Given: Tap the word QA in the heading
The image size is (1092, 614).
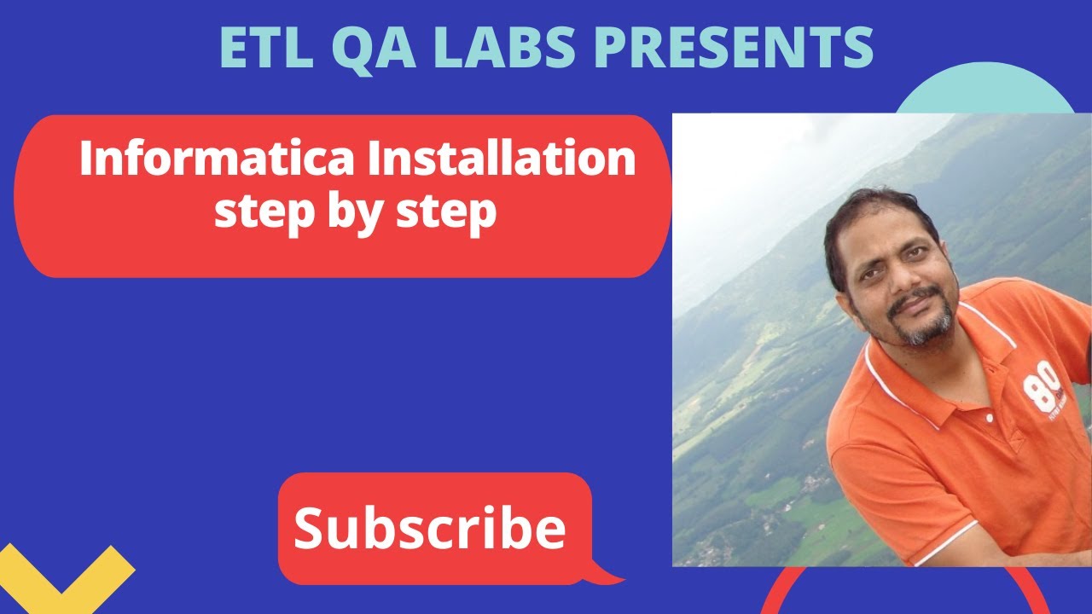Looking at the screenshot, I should (380, 47).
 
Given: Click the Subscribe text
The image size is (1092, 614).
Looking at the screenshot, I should (430, 528).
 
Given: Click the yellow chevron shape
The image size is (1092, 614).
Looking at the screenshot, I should (65, 571).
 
